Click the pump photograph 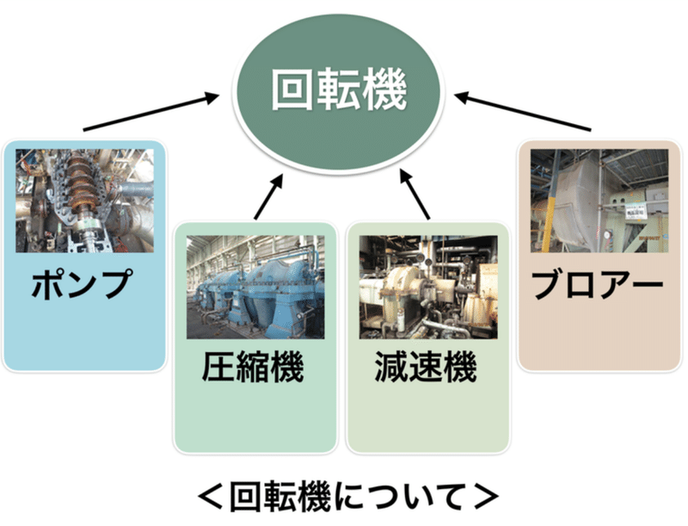pyautogui.click(x=84, y=200)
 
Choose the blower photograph pyautogui.click(x=599, y=200)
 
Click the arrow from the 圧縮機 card pyautogui.click(x=269, y=194)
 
